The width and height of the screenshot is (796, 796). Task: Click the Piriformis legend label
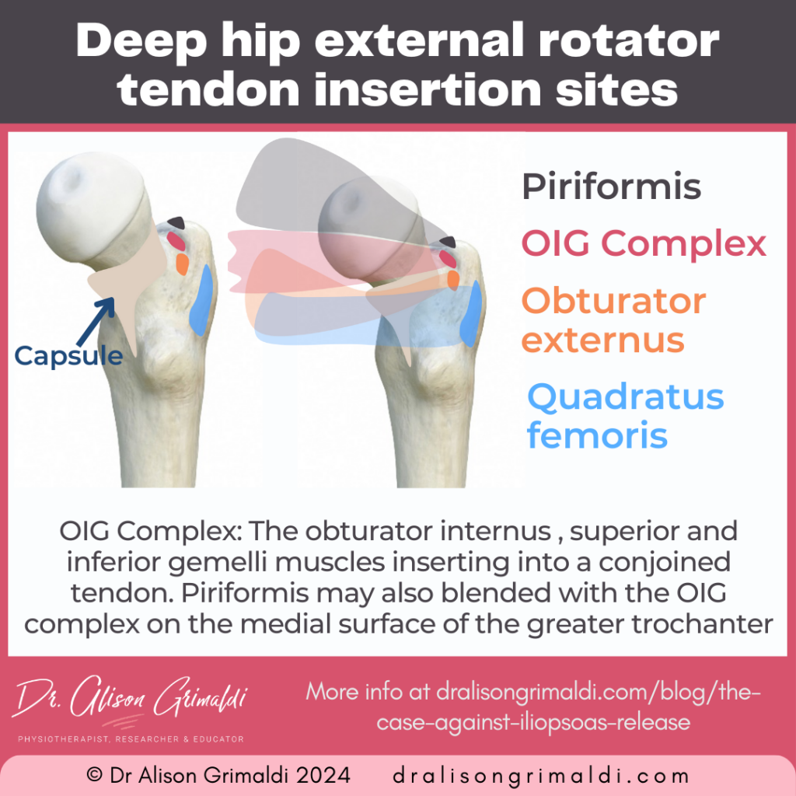(x=611, y=187)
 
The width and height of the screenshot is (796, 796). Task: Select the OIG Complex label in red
(x=644, y=244)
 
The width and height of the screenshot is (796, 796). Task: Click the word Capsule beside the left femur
(x=69, y=355)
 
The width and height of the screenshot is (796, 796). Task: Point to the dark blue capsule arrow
(x=101, y=319)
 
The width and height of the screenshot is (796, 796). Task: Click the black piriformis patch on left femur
(x=177, y=223)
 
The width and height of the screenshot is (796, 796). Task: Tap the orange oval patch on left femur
(x=182, y=264)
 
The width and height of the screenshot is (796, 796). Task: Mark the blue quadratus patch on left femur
(x=202, y=300)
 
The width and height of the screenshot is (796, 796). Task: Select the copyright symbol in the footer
(x=94, y=775)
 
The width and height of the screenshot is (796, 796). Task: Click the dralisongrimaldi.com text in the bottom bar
(x=541, y=775)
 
